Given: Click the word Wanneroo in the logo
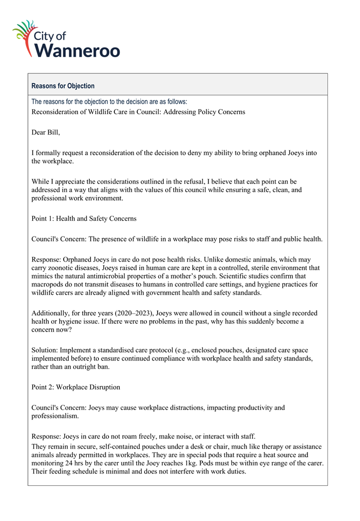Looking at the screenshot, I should click(79, 50).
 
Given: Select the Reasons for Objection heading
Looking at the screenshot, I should click(63, 86).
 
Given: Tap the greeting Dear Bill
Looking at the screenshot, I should click(45, 133).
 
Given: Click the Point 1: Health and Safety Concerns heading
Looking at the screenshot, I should click(84, 219).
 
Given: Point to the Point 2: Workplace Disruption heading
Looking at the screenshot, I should click(75, 387).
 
